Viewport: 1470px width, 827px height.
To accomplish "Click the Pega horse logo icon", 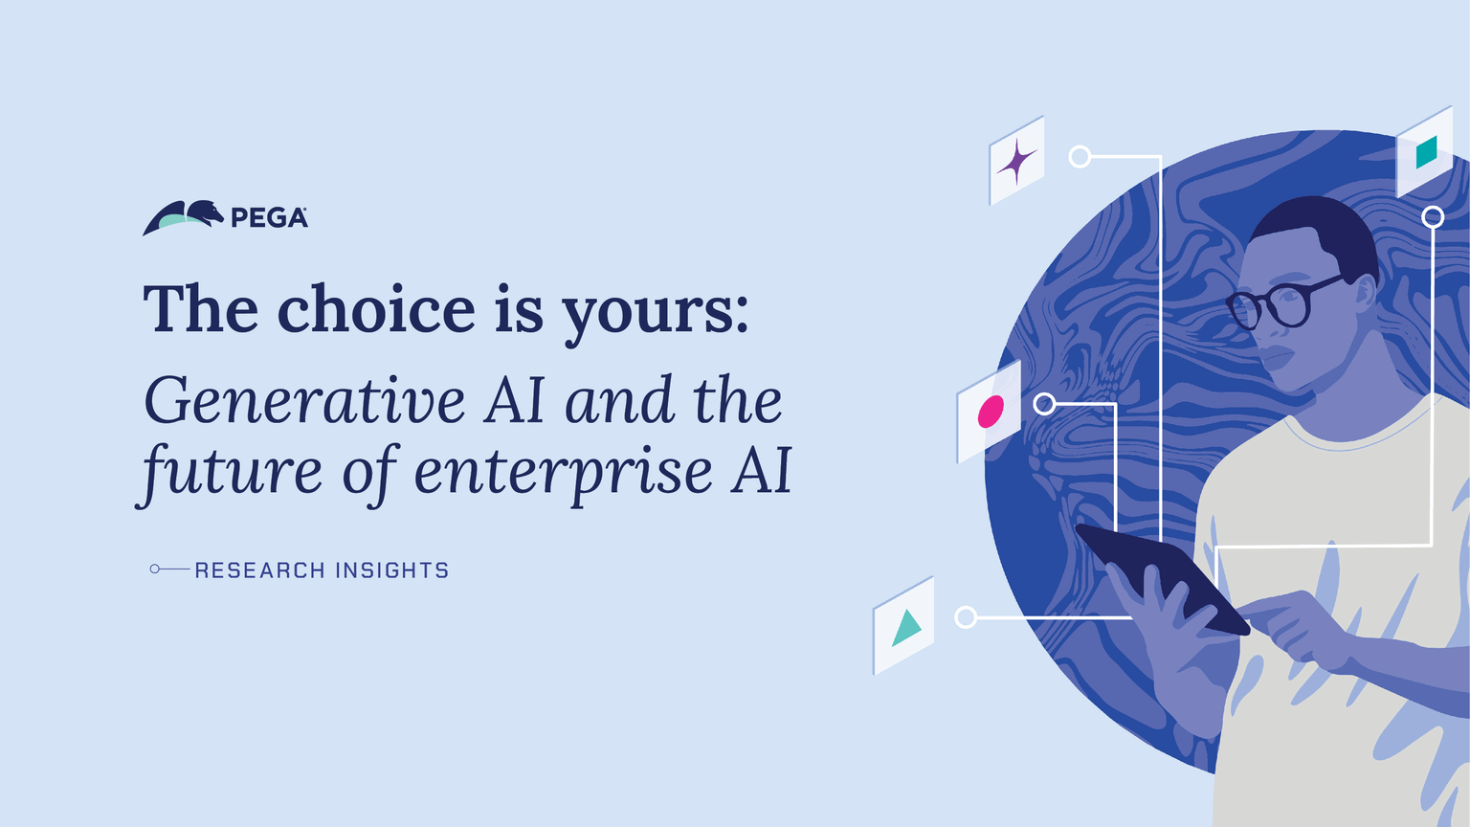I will [x=183, y=217].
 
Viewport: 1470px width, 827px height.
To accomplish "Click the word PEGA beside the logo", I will [x=269, y=218].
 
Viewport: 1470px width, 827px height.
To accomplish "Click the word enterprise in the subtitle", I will [x=563, y=473].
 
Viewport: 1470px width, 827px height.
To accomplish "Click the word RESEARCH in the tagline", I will [x=259, y=570].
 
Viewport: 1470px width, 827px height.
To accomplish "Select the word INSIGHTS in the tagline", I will [x=391, y=570].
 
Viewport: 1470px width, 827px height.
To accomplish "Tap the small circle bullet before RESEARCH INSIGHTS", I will [x=155, y=570].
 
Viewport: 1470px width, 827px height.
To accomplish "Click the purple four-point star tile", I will [x=1016, y=161].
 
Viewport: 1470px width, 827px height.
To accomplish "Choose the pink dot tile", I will [x=990, y=413].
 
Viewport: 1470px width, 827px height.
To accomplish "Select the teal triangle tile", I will [x=904, y=627].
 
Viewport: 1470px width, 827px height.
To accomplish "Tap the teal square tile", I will [x=1426, y=151].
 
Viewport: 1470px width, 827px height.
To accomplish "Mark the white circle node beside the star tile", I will [x=1080, y=156].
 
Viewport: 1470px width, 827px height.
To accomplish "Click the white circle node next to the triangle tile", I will [x=966, y=617].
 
